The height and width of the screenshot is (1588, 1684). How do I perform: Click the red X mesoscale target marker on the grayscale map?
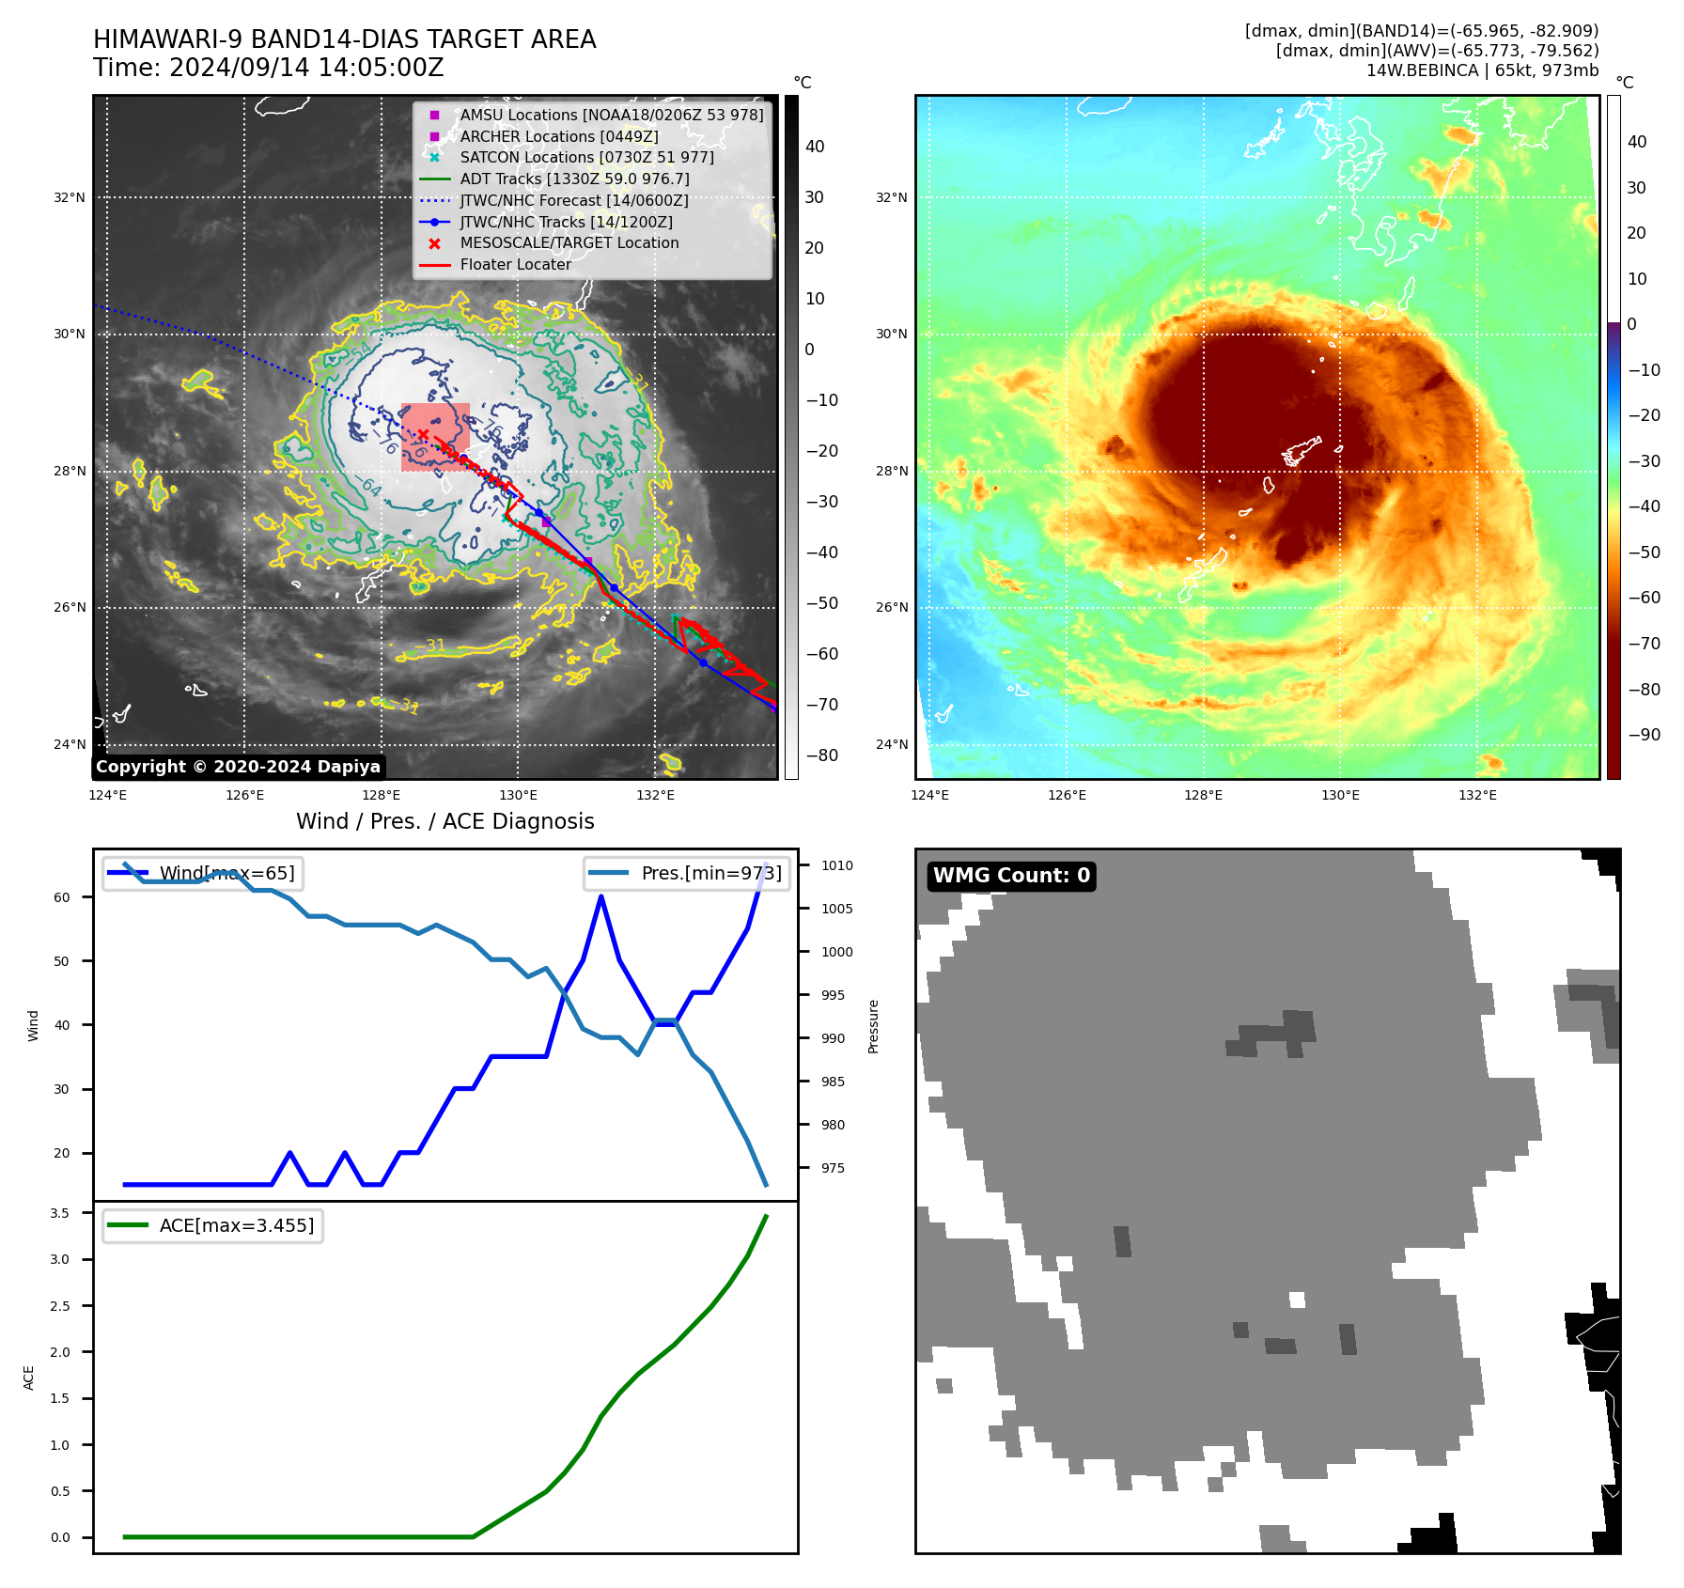point(423,434)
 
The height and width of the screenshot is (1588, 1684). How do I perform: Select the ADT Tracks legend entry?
point(574,179)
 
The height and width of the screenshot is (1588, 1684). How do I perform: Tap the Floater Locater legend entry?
point(515,264)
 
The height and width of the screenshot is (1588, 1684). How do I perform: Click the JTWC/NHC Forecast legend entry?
point(573,200)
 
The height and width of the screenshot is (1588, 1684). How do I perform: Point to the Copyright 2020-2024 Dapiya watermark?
point(238,767)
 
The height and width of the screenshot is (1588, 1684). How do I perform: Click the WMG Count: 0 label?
point(1011,876)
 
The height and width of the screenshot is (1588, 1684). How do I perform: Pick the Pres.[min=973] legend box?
point(686,873)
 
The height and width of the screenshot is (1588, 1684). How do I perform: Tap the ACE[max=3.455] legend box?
point(212,1225)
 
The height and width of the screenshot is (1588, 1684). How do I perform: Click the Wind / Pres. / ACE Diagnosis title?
point(445,821)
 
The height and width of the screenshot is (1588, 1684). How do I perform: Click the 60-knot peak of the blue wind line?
point(601,897)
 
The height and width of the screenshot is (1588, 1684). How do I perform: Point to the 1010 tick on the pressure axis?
point(836,865)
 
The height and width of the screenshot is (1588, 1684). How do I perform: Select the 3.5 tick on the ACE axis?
point(60,1213)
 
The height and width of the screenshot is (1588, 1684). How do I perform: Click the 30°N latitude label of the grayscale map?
point(69,334)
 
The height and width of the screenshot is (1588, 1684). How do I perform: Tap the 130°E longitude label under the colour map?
point(1340,795)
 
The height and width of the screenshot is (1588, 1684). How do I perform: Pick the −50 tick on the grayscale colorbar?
point(821,603)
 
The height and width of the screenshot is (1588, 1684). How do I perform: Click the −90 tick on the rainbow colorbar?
point(1644,735)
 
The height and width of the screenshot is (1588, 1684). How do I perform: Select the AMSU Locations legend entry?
point(611,115)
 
